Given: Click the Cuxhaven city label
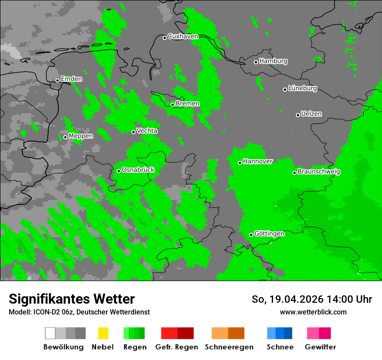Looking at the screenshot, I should [183, 36].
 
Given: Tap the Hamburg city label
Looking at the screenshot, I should [273, 61].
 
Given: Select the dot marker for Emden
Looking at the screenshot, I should [57, 80].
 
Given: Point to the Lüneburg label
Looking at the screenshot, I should [303, 88].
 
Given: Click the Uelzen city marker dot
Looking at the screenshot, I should [298, 115].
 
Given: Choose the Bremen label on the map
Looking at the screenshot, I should [188, 104].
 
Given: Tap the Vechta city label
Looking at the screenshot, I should [147, 131].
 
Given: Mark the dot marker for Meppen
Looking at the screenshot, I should [65, 137].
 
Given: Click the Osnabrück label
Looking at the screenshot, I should [138, 170].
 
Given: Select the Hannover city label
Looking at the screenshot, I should [258, 161].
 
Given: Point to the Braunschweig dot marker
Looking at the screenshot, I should [294, 173].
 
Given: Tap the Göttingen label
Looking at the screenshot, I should [269, 234].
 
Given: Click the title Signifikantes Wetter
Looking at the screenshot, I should [72, 299].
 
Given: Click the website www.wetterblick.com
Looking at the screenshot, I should [313, 312].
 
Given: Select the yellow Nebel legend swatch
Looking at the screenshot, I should [103, 333].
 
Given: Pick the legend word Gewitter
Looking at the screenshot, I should [320, 347].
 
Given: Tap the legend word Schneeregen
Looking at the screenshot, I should [229, 347].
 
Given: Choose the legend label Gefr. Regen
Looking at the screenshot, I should [177, 347].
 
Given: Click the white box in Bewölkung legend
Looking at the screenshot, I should [50, 333].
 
